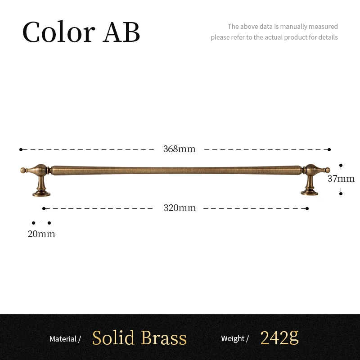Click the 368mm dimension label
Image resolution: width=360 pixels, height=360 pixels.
179,149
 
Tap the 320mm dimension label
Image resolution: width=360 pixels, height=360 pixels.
180,208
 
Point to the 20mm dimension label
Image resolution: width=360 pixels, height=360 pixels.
41,234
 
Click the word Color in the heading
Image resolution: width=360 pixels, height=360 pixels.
58,32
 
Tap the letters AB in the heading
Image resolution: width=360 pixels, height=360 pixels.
121,32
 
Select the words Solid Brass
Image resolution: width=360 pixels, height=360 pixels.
139,338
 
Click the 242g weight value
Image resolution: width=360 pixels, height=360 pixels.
279,337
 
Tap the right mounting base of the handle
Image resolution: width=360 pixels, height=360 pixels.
310,193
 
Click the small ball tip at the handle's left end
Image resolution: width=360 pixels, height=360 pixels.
23,170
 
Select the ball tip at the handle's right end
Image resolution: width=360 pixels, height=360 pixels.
328,170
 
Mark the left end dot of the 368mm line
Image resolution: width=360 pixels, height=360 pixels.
21,149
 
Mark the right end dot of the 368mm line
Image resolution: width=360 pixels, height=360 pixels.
329,149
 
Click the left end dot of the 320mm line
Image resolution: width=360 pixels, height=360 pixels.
44,208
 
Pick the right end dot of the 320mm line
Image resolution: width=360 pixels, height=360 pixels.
307,208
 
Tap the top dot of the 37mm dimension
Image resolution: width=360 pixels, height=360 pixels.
341,166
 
